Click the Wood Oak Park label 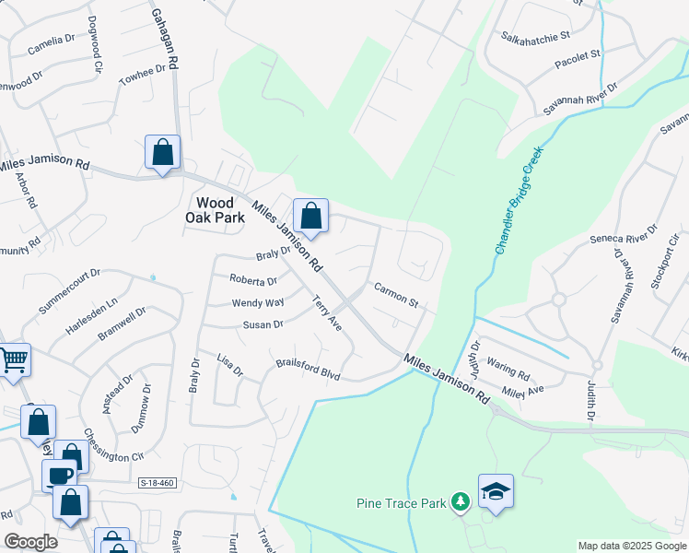click(220, 210)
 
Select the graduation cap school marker click(496, 491)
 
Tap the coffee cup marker click(60, 476)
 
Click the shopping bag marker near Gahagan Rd click(162, 153)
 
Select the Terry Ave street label click(327, 313)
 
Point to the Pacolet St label click(577, 60)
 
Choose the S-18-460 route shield click(157, 483)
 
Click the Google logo click(31, 542)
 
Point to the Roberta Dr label click(253, 281)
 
